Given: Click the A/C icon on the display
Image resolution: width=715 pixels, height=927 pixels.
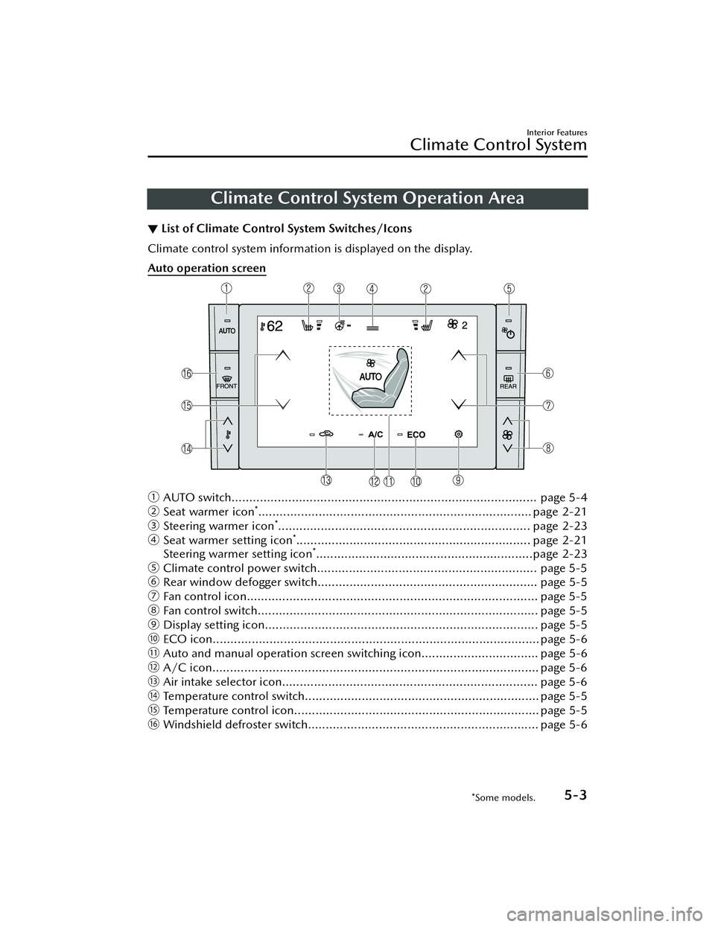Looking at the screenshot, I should click(x=375, y=434).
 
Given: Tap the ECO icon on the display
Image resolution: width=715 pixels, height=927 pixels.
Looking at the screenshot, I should click(x=416, y=434).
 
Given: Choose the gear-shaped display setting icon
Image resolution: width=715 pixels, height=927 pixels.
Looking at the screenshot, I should click(x=459, y=433).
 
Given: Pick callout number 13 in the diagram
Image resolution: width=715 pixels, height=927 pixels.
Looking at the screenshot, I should click(x=326, y=477).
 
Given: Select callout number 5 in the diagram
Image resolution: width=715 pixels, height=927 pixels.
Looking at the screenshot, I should click(x=509, y=288).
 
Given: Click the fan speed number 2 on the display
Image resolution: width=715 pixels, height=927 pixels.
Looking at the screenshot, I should click(x=464, y=325).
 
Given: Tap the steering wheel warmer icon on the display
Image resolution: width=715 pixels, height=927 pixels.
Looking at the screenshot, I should click(x=340, y=325).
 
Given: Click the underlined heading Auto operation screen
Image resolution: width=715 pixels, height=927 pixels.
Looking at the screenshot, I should click(x=207, y=268).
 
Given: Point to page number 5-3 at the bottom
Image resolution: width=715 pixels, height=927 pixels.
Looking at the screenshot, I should click(x=570, y=794).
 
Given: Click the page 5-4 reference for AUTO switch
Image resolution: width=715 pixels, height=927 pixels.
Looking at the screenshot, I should click(x=563, y=497).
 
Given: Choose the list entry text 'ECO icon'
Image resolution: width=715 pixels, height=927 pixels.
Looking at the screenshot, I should click(x=186, y=640).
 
